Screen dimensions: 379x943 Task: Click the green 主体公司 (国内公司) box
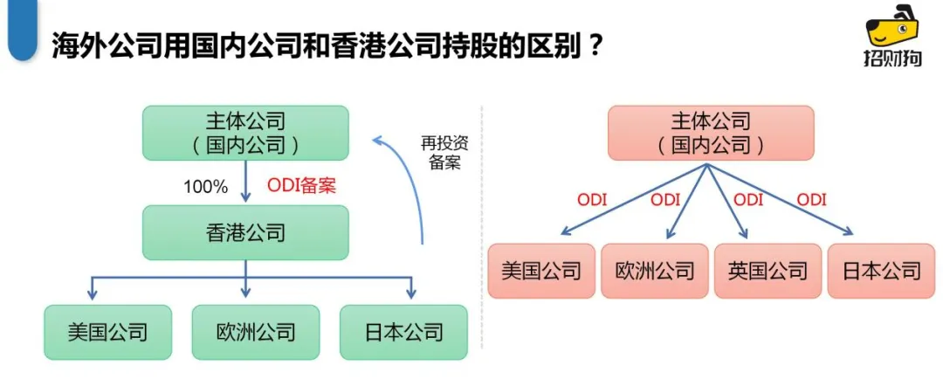(245, 133)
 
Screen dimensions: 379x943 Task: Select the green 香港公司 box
(245, 233)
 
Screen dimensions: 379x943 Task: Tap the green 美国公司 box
(107, 332)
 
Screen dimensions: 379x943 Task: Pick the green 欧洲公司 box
(256, 332)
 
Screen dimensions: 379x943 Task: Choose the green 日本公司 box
(403, 332)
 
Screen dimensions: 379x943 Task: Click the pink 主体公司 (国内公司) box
(710, 133)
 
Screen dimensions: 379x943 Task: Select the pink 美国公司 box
(541, 271)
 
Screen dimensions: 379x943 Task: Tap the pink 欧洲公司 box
(655, 271)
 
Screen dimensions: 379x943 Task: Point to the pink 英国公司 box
(767, 271)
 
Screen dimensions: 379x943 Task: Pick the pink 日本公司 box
(881, 271)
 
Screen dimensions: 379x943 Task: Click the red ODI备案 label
(301, 186)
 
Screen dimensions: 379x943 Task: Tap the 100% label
(205, 187)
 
